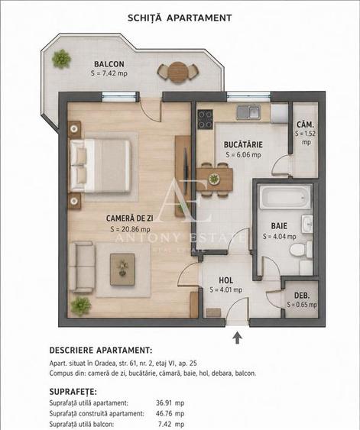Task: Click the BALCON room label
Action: click(x=109, y=64)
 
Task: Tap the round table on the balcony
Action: click(x=178, y=72)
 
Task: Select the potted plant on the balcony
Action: click(x=62, y=59)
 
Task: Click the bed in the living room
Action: click(x=100, y=166)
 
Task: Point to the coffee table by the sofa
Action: click(x=122, y=270)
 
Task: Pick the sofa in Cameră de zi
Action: click(x=82, y=267)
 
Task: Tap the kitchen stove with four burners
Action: click(x=206, y=119)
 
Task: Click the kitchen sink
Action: click(x=248, y=112)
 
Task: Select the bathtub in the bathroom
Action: click(x=285, y=196)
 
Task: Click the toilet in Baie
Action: click(x=301, y=250)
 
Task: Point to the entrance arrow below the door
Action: click(x=238, y=338)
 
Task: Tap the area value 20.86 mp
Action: click(x=131, y=229)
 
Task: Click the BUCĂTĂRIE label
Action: click(x=243, y=145)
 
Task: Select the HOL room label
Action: click(x=225, y=280)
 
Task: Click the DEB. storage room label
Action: click(x=302, y=296)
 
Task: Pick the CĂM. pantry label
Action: click(x=305, y=124)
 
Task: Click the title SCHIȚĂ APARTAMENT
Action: click(x=180, y=18)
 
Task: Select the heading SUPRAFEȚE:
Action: click(x=73, y=392)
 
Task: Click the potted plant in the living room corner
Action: click(x=81, y=306)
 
